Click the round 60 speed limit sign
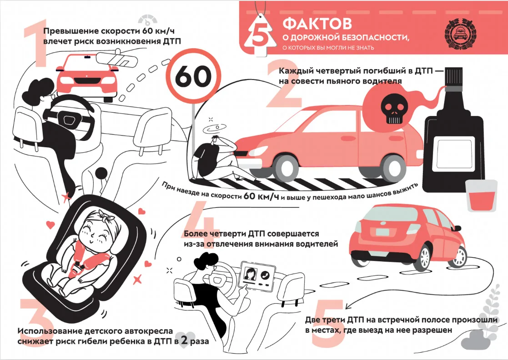pyautogui.click(x=193, y=77)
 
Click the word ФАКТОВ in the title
pyautogui.click(x=317, y=23)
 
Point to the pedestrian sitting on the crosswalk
pyautogui.click(x=220, y=159)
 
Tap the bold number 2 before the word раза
pyautogui.click(x=184, y=340)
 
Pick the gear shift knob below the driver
pyautogui.click(x=102, y=174)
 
